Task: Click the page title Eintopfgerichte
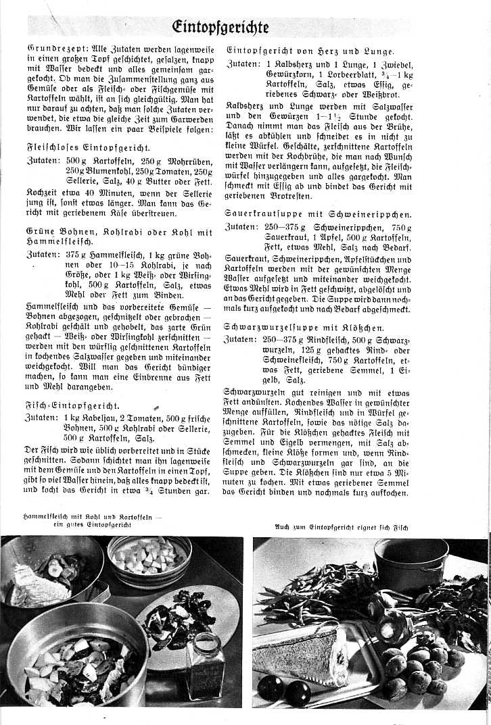[x=220, y=26]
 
